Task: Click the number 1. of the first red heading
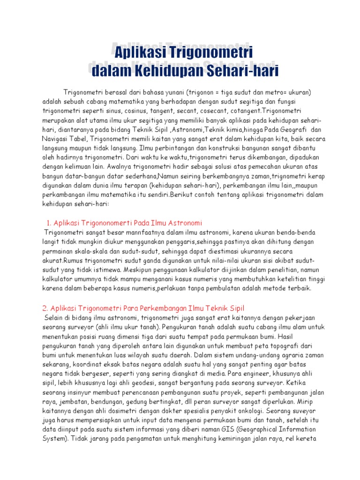(x=50, y=222)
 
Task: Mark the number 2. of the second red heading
(x=45, y=308)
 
